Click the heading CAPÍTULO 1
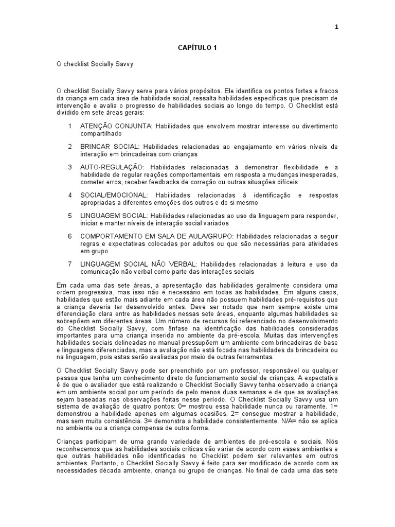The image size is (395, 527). (197, 48)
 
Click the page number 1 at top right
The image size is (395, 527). (336, 27)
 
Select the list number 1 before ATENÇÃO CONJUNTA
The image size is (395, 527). (70, 126)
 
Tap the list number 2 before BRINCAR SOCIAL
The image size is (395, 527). (70, 147)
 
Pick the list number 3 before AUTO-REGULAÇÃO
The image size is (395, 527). (70, 167)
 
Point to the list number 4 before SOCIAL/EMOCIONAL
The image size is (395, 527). (70, 195)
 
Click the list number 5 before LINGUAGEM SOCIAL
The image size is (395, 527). (70, 216)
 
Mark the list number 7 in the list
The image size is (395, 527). (70, 264)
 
